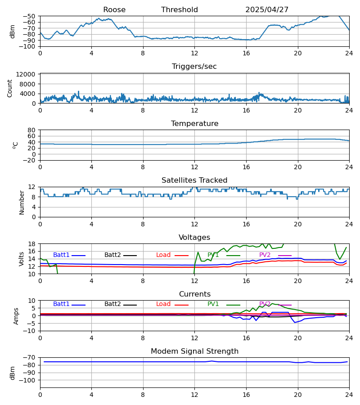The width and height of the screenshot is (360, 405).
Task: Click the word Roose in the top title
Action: (114, 10)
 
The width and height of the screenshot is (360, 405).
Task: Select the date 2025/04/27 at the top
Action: (267, 10)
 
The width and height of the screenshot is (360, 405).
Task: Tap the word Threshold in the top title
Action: (180, 10)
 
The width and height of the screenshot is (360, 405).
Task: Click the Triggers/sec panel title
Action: (194, 67)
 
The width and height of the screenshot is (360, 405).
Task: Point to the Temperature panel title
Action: (194, 124)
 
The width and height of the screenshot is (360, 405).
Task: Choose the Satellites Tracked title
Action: (194, 180)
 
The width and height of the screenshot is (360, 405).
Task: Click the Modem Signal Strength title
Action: (194, 351)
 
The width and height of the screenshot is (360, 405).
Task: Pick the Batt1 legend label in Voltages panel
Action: (61, 255)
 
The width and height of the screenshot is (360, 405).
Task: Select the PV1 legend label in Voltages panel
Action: (213, 255)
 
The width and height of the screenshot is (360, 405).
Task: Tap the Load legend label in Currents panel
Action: (163, 304)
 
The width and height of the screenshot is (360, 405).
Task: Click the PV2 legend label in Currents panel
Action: (265, 304)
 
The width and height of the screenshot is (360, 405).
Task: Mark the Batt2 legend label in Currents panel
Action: (112, 304)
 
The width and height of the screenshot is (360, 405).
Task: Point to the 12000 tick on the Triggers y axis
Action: (28, 74)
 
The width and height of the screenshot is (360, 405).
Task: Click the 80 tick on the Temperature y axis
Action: (32, 130)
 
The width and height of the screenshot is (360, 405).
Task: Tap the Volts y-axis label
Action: (22, 259)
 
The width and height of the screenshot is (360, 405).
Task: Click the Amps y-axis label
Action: (17, 316)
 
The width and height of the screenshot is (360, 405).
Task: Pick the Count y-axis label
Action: (10, 88)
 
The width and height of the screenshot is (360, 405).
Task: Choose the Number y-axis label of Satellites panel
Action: (22, 202)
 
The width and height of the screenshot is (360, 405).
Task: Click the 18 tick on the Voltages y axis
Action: (32, 244)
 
